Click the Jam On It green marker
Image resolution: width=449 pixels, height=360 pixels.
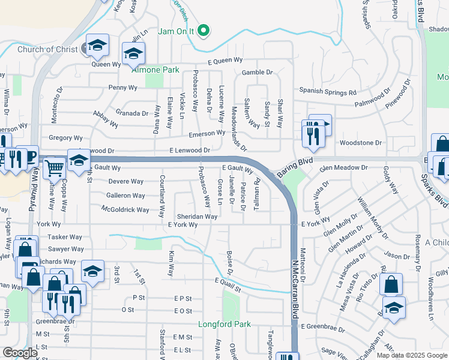pyautogui.click(x=203, y=31)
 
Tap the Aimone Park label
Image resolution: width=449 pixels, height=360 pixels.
pyautogui.click(x=155, y=70)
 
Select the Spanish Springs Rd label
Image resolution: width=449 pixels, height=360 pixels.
pyautogui.click(x=328, y=93)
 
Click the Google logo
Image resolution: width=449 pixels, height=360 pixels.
pyautogui.click(x=20, y=353)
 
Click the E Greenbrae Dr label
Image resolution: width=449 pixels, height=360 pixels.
pyautogui.click(x=324, y=326)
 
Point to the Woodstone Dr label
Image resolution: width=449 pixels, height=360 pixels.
pyautogui.click(x=361, y=143)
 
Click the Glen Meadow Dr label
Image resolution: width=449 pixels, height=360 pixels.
pyautogui.click(x=342, y=169)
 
